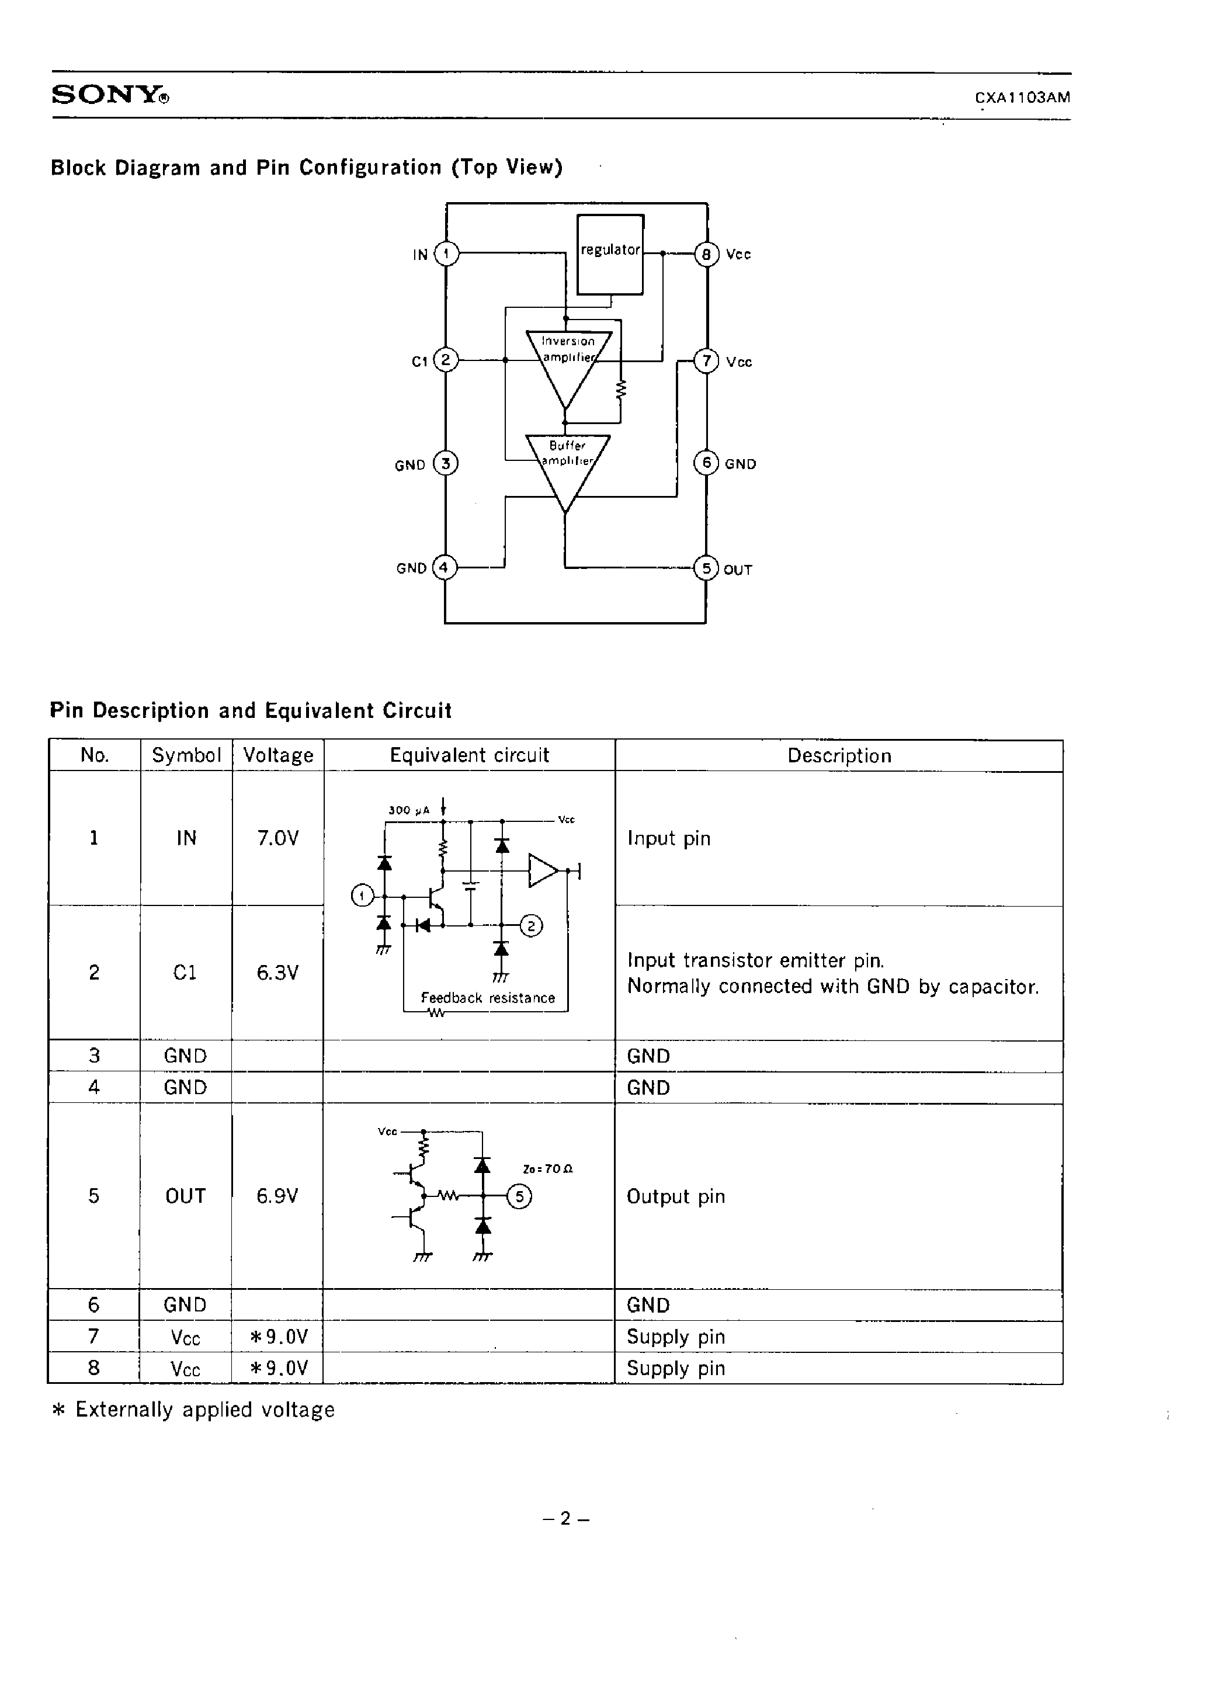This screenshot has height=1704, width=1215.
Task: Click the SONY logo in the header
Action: [110, 95]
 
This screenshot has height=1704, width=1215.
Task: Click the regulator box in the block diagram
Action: [610, 254]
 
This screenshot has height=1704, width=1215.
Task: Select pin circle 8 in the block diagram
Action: [706, 254]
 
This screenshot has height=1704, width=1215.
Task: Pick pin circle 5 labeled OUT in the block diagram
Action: [706, 568]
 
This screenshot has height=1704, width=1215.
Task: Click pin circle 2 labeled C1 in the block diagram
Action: [446, 360]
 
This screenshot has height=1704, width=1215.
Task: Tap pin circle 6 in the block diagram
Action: [706, 463]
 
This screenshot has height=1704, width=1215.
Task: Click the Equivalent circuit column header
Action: [469, 755]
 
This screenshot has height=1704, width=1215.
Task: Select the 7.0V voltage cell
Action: [277, 838]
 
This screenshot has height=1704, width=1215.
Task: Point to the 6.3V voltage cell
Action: [277, 973]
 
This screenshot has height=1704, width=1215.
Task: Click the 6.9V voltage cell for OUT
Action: [277, 1196]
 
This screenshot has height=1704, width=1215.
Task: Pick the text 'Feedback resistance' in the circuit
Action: [488, 998]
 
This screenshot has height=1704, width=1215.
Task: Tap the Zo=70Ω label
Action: [548, 1169]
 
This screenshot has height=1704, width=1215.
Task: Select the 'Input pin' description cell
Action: [669, 838]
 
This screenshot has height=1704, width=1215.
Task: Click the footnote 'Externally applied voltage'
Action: [204, 1410]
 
